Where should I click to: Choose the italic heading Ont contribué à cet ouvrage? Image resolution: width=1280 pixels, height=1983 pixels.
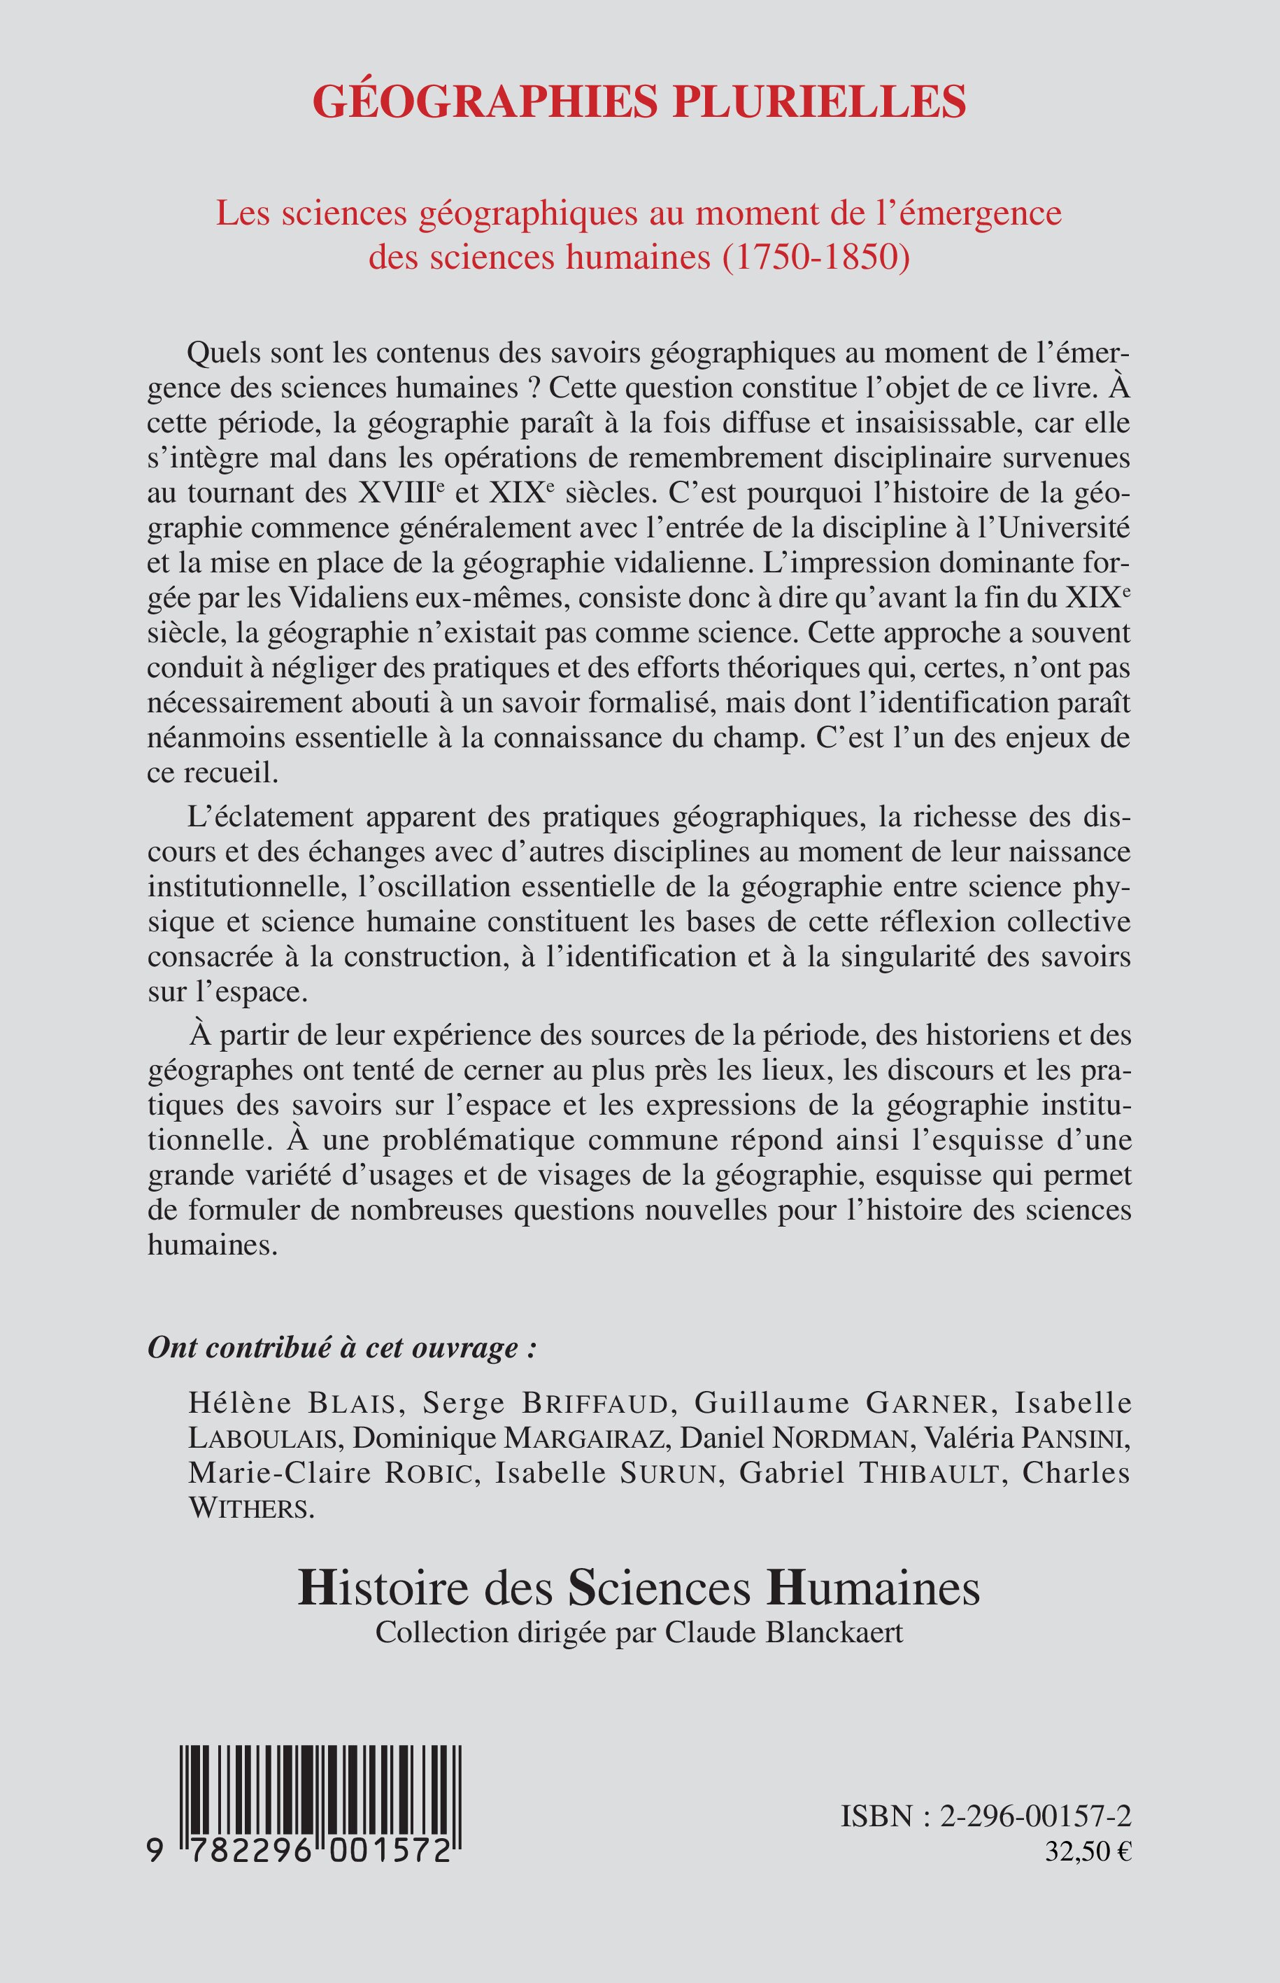click(x=341, y=1348)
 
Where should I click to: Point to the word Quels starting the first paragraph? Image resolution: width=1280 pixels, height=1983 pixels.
click(x=220, y=353)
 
